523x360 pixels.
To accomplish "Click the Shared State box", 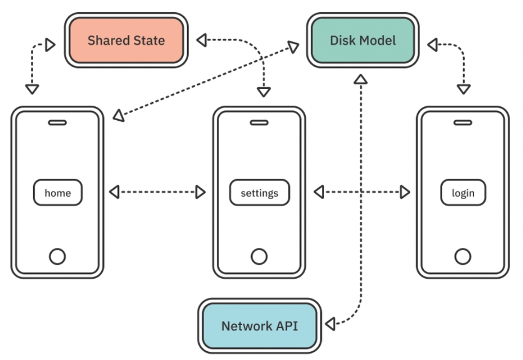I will [x=126, y=41].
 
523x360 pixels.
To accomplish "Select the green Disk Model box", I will [x=363, y=41].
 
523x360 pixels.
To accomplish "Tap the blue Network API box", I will [x=259, y=326].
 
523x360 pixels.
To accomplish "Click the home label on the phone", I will [x=58, y=193].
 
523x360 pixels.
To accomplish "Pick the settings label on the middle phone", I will [x=259, y=193].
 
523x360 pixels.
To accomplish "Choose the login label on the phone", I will [x=463, y=193].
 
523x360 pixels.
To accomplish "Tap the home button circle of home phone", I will [x=57, y=256].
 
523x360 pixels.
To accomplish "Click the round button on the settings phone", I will [x=259, y=256].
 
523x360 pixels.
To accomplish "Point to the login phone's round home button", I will [x=463, y=256].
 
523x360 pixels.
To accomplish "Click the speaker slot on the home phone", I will [x=57, y=123].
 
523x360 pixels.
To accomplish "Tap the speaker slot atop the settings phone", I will [x=259, y=123].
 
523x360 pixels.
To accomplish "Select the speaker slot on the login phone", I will [x=463, y=123].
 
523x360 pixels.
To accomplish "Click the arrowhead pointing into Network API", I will [x=330, y=323].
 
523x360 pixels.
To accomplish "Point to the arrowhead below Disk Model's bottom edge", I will [x=361, y=78].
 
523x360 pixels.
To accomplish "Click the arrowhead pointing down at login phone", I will [x=463, y=89].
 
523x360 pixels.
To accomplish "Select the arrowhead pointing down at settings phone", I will [x=264, y=92].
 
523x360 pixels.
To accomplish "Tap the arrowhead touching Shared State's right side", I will [x=201, y=40].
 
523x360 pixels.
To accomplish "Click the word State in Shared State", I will [x=148, y=41].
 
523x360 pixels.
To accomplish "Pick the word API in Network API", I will [x=286, y=326].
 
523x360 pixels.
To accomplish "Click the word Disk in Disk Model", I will [x=342, y=41].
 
